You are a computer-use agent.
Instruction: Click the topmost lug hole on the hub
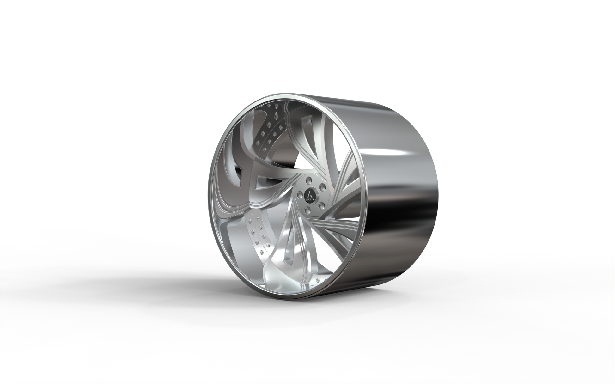(308, 180)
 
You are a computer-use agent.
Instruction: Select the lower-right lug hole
(321, 206)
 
